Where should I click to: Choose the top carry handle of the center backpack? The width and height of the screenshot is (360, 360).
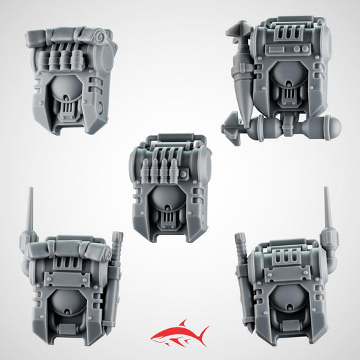(169, 138)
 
